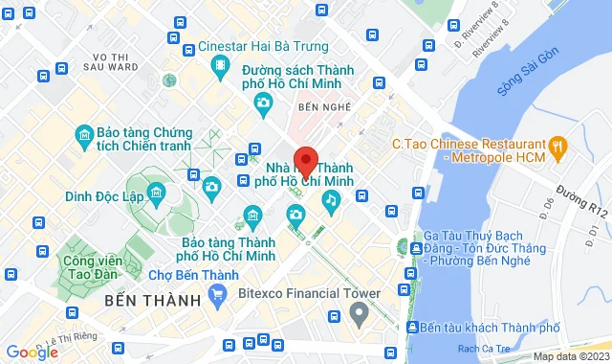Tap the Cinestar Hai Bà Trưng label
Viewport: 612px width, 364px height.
point(264,46)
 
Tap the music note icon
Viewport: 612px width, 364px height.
point(331,200)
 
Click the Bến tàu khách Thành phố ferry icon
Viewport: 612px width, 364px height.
point(412,328)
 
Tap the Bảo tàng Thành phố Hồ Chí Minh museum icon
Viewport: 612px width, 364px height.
point(252,215)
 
